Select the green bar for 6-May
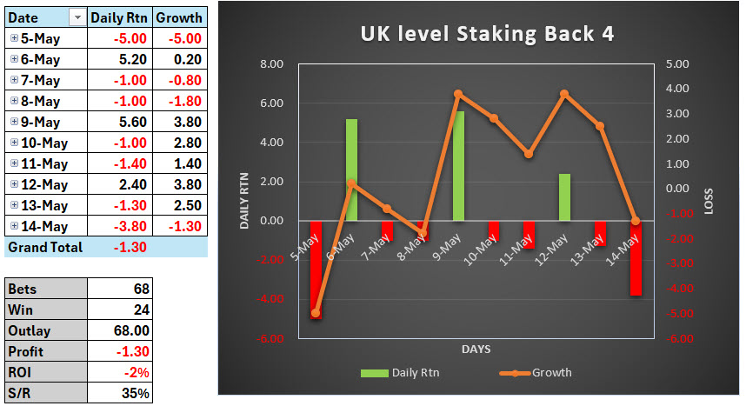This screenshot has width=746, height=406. pos(352,170)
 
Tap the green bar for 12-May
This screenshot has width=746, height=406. pos(564,197)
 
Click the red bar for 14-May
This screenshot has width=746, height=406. pos(636,258)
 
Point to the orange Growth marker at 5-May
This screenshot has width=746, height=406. pos(316,313)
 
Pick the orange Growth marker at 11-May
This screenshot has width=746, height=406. pos(529,154)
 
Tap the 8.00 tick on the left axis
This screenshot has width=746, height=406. pos(272,64)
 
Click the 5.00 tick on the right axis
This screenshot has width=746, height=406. pos(677,64)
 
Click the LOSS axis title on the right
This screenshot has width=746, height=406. pos(708,202)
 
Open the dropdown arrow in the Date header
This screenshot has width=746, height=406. pos(77,17)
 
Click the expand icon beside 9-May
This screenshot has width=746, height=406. pos(14,122)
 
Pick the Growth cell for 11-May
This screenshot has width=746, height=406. pos(180,163)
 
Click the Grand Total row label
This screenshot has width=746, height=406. pos(45,247)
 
